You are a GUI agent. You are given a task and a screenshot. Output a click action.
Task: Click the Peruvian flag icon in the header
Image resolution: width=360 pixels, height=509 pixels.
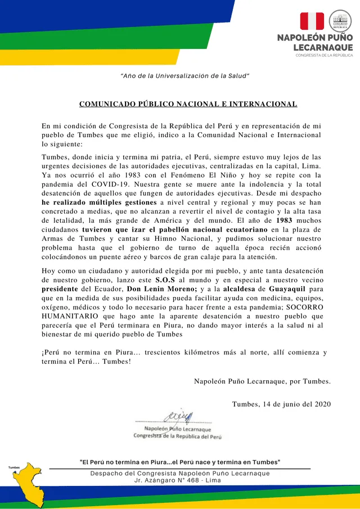pyautogui.click(x=312, y=21)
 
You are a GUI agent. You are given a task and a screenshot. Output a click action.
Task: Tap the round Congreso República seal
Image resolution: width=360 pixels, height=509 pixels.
pyautogui.click(x=340, y=21)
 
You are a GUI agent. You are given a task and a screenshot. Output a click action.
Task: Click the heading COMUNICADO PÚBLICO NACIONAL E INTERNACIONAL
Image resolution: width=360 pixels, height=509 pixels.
pyautogui.click(x=188, y=104)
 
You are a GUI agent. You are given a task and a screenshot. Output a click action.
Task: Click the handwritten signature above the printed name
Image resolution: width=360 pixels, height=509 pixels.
pyautogui.click(x=179, y=416)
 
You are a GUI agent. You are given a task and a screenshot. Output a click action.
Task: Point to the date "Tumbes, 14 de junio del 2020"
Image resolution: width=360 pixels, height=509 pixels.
pyautogui.click(x=281, y=404)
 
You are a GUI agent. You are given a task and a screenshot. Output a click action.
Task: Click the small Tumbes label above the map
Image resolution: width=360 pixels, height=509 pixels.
pyautogui.click(x=14, y=467)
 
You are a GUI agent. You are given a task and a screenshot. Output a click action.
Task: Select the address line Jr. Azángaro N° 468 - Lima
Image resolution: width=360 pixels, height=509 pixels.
pyautogui.click(x=178, y=480)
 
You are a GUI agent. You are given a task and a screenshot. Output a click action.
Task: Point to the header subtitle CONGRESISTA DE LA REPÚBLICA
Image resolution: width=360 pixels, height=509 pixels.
pyautogui.click(x=325, y=55)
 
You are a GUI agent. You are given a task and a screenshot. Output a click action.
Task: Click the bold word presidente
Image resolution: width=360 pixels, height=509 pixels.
pyautogui.click(x=63, y=289)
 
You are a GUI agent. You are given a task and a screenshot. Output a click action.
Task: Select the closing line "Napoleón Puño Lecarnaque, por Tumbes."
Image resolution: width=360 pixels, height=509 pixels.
pyautogui.click(x=262, y=381)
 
